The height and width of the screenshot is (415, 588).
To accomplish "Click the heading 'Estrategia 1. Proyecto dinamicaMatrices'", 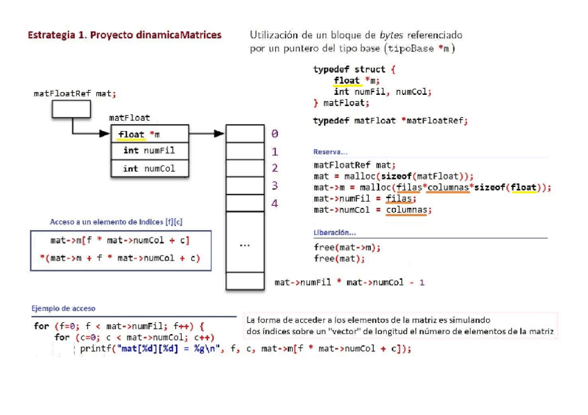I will pyautogui.click(x=124, y=35).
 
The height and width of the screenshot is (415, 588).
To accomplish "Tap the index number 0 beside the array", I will pyautogui.click(x=275, y=134).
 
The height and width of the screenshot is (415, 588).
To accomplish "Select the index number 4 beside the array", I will pyautogui.click(x=275, y=204).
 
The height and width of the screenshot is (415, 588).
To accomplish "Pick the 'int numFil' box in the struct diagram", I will pyautogui.click(x=150, y=151).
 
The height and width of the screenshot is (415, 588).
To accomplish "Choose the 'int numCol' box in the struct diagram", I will pyautogui.click(x=150, y=169).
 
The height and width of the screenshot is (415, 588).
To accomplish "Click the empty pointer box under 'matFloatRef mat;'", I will pyautogui.click(x=71, y=109).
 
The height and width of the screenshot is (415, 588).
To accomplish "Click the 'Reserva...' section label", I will pyautogui.click(x=330, y=152).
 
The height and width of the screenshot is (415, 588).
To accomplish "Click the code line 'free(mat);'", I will pyautogui.click(x=339, y=259).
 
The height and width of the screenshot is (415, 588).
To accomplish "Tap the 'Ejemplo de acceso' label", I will pyautogui.click(x=64, y=308).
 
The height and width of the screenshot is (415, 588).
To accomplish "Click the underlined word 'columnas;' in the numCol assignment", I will pyautogui.click(x=408, y=210).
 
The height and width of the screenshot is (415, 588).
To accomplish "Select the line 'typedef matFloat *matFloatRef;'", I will pyautogui.click(x=390, y=121).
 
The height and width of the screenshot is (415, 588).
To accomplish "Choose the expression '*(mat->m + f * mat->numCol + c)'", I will pyautogui.click(x=119, y=258).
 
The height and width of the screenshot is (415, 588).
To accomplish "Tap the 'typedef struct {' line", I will pyautogui.click(x=354, y=70).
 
